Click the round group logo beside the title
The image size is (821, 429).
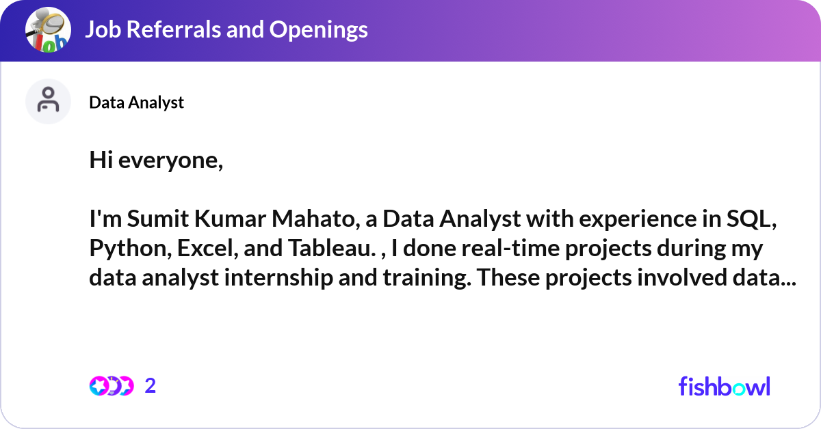tap(48, 30)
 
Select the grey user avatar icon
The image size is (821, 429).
tap(48, 101)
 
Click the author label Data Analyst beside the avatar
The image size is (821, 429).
tap(137, 102)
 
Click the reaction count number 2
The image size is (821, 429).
tap(151, 387)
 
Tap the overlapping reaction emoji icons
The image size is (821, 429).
tap(111, 387)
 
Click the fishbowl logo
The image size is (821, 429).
tap(725, 387)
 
